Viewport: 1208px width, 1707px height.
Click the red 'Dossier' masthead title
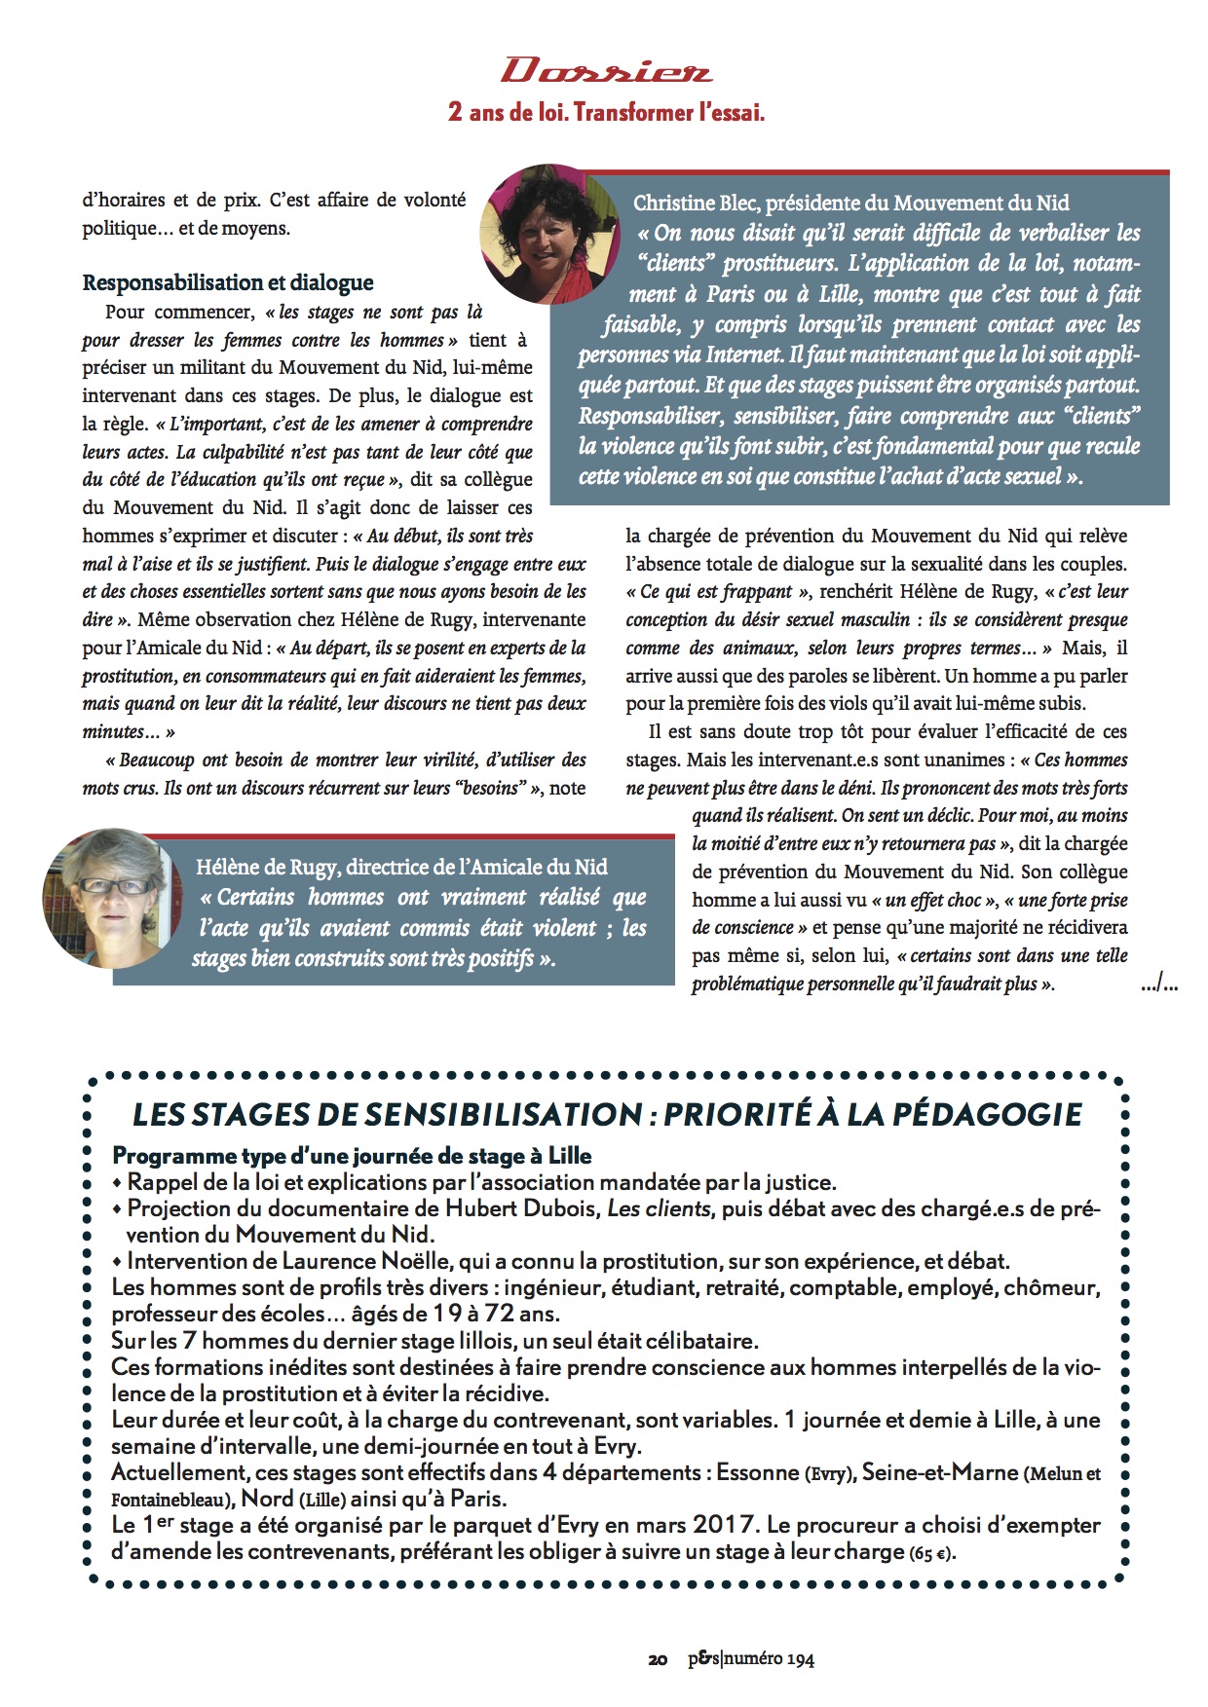click(606, 71)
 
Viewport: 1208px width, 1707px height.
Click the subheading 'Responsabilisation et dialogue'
click(228, 282)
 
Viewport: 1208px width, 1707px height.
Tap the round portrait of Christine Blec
click(549, 234)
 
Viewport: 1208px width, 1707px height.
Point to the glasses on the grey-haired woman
click(115, 885)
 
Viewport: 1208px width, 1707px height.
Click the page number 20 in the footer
click(658, 1659)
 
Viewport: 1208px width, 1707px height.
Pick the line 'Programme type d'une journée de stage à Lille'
click(352, 1156)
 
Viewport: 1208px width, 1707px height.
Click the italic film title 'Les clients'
click(659, 1208)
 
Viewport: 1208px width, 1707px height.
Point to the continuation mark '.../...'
click(1158, 985)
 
